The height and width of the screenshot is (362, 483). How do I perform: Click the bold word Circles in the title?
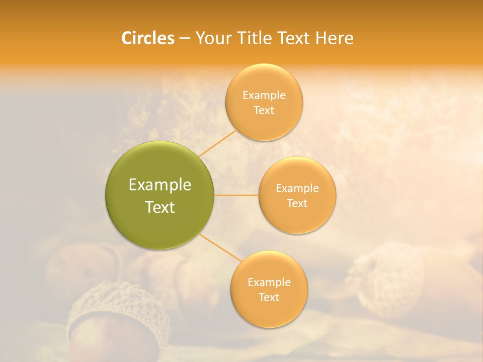tap(148, 38)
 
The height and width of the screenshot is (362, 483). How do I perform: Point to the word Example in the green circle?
tap(160, 185)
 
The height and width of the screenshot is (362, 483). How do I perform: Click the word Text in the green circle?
tap(160, 207)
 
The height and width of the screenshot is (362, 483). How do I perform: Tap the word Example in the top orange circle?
tap(264, 96)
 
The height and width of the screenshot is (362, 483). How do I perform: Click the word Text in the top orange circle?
tap(264, 111)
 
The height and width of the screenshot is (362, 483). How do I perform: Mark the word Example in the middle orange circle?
tap(297, 189)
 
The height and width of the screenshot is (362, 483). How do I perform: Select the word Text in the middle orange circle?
tap(297, 204)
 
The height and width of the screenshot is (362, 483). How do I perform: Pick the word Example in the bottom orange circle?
tap(269, 283)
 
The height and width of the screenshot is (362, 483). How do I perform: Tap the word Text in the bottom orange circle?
tap(269, 298)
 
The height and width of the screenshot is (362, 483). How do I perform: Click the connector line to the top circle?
tap(217, 143)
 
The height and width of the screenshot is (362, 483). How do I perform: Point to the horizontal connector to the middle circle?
tap(236, 195)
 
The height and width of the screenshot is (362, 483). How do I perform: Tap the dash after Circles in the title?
tap(184, 39)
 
